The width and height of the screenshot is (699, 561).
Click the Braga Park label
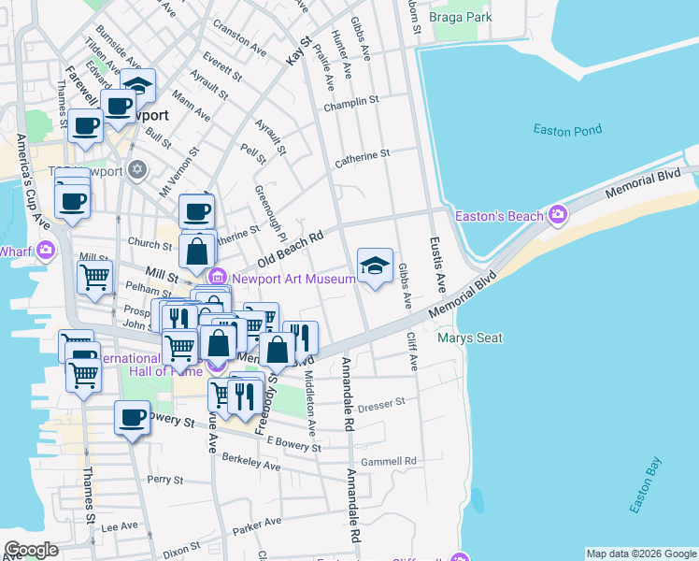(460, 17)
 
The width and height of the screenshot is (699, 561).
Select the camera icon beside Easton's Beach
(558, 217)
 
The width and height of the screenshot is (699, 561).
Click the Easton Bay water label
(646, 485)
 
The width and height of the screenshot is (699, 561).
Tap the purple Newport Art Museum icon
(218, 276)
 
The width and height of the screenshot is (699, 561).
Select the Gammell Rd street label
(389, 461)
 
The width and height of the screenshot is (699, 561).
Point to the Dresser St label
(381, 403)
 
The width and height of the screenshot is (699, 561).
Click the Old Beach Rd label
(291, 247)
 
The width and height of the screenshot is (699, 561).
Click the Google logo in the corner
(31, 550)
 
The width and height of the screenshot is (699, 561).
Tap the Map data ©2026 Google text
(640, 554)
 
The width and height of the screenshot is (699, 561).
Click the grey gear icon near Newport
(137, 169)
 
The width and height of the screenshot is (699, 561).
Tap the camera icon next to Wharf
(45, 250)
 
